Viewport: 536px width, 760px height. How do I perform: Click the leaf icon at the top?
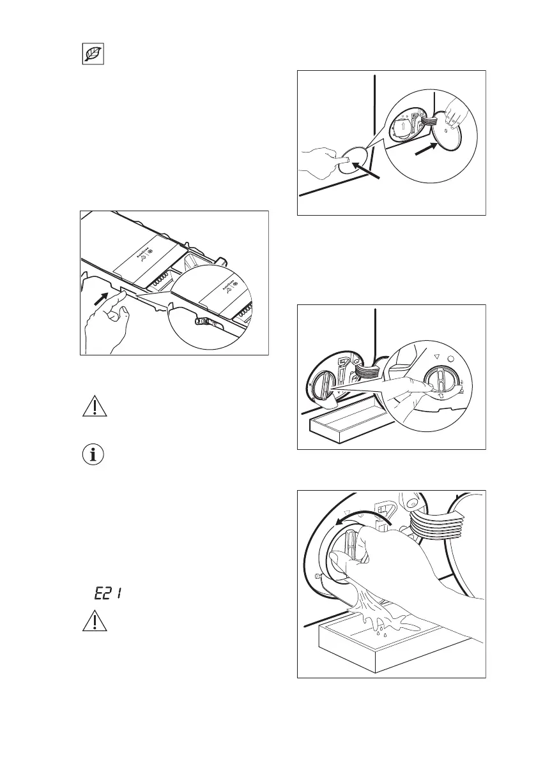[x=93, y=56]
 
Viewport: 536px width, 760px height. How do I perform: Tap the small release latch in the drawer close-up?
[x=204, y=323]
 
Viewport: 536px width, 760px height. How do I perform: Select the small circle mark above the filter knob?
[x=452, y=359]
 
